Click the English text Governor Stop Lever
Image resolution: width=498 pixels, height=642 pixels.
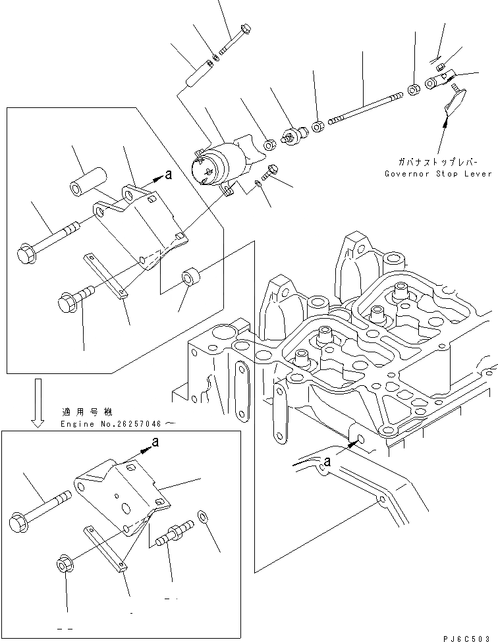[x=439, y=173]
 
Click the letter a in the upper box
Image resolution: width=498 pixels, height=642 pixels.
[x=169, y=174]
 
